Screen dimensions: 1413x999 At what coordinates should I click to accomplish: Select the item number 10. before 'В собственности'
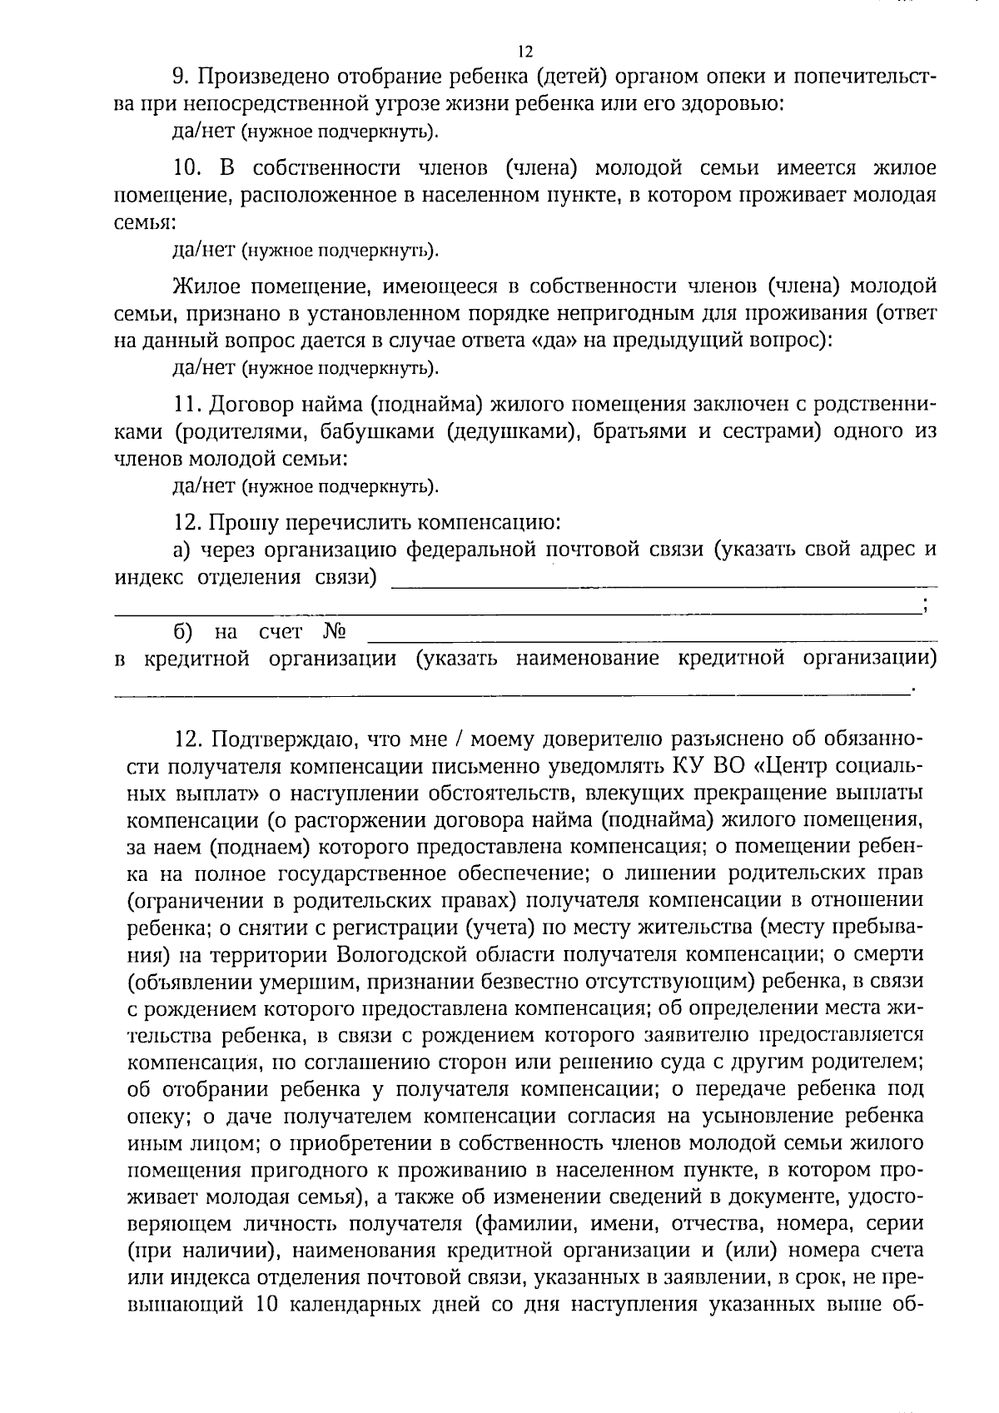188,168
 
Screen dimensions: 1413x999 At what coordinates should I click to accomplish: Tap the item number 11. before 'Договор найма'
187,405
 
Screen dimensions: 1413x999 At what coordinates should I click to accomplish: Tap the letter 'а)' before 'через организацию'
182,550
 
